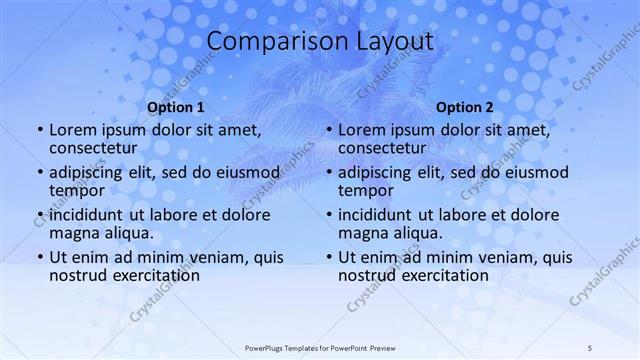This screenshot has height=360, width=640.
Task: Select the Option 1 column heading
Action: coord(176,107)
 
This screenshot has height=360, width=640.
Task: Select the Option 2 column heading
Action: coord(465,107)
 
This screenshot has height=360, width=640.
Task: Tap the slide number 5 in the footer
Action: coord(590,347)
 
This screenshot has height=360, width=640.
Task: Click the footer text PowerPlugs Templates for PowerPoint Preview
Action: coord(320,347)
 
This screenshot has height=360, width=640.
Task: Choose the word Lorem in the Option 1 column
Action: coord(74,130)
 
